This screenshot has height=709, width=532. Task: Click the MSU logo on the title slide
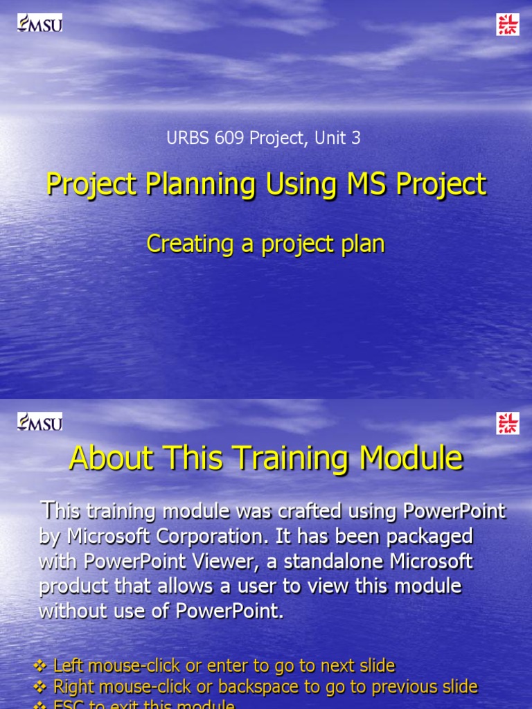point(39,23)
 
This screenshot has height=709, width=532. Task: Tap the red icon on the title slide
point(508,24)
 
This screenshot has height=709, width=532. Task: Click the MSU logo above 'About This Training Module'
point(39,422)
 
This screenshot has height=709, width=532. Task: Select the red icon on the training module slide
point(508,423)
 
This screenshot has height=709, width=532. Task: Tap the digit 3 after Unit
point(356,138)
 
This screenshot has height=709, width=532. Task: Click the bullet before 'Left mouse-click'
point(40,666)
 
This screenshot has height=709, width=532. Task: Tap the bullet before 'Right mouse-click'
point(40,687)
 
